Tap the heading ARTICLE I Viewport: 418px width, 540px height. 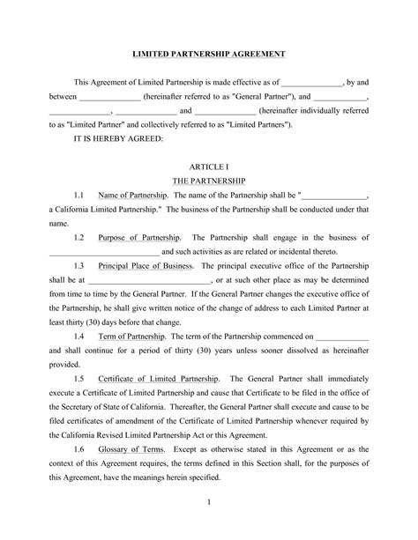209,166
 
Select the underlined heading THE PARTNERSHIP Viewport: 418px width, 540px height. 209,180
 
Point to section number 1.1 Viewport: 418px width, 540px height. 78,196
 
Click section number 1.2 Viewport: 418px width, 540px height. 78,238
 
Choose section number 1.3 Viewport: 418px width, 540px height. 78,266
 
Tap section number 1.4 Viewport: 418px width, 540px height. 78,337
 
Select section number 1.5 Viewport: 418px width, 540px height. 78,379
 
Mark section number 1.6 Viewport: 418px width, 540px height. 78,448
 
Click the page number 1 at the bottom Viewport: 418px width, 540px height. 209,505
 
